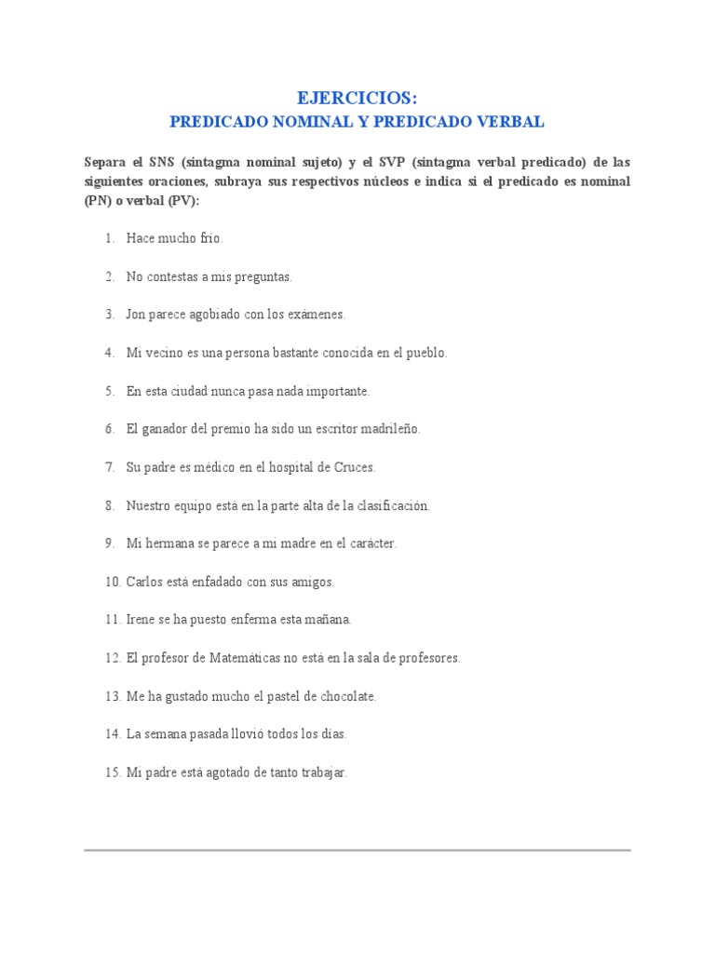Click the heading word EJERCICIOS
[357, 98]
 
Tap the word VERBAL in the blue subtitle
[512, 122]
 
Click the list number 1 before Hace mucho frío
[109, 239]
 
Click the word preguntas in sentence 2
[265, 277]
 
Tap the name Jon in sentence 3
[136, 315]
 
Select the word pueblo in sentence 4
[427, 353]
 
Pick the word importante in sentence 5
[340, 391]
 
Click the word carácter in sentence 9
[372, 544]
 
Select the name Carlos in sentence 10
[143, 582]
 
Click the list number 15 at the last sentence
[112, 772]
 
